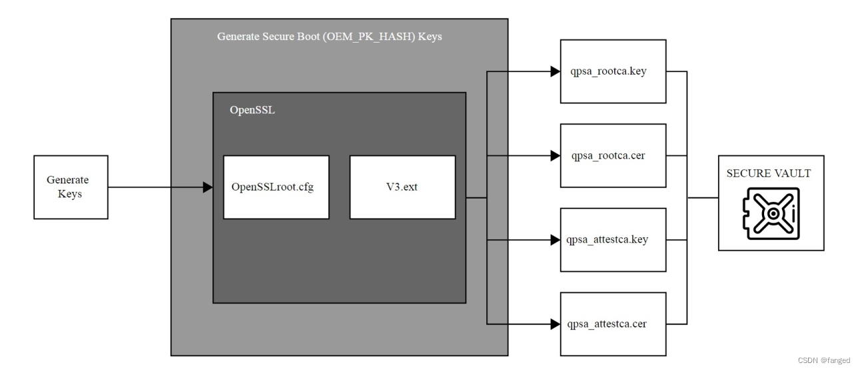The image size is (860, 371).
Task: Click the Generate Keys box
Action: click(70, 187)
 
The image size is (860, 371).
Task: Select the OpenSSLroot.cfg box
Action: click(276, 187)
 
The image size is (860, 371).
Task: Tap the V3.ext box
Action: click(402, 187)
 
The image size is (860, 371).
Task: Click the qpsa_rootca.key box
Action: click(613, 71)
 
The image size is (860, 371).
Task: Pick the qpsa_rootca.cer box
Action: click(613, 156)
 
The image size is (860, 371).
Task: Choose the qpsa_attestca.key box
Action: click(613, 240)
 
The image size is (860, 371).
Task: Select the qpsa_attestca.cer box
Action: click(613, 324)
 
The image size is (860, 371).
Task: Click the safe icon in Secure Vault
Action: click(771, 214)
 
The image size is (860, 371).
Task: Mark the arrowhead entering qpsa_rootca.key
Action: click(554, 71)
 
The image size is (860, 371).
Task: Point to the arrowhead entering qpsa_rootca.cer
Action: click(554, 156)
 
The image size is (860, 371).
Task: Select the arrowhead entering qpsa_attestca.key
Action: click(554, 240)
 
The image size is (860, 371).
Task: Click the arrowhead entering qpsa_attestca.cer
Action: click(554, 324)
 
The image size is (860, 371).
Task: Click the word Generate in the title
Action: click(237, 37)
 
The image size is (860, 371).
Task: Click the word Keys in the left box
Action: click(70, 194)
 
